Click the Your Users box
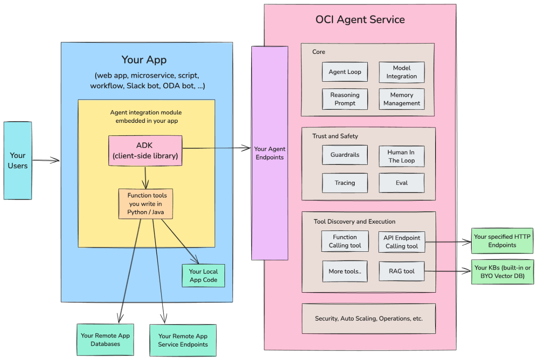[18, 160]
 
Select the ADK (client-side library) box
[145, 151]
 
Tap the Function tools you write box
[146, 203]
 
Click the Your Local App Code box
[203, 276]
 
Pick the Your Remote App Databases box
[105, 340]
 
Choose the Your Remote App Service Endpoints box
[183, 340]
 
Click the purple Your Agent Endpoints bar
[269, 153]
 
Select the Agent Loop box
[345, 72]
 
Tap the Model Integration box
[402, 72]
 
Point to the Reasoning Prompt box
[345, 99]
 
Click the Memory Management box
[402, 99]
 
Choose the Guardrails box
[345, 156]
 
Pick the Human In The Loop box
[402, 156]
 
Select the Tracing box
[345, 183]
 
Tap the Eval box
[402, 183]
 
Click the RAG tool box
[402, 271]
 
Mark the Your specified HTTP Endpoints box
[502, 241]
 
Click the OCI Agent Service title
[360, 20]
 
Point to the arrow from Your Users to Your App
[46, 161]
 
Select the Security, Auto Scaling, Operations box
[369, 318]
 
